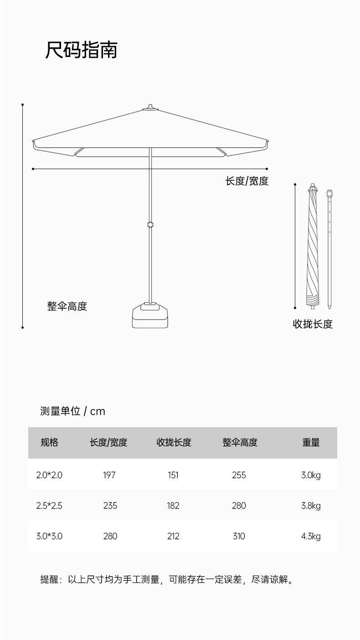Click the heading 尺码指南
coord(81,50)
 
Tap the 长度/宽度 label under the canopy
coord(247,181)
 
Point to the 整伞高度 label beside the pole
coord(67,306)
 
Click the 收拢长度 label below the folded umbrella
coord(313,324)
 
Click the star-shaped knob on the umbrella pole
coord(150,225)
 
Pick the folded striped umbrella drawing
coord(312,246)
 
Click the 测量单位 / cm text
coord(72,411)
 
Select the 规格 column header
coord(49,442)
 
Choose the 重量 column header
coord(311,442)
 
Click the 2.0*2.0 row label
coord(49,475)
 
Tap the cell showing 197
coord(109,475)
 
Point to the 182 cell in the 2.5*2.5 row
coord(173,506)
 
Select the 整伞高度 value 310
coord(239,536)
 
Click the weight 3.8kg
coord(311,506)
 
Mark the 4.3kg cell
coord(311,536)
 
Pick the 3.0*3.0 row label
coord(49,536)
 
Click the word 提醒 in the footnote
coord(49,580)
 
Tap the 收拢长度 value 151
coord(173,475)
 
